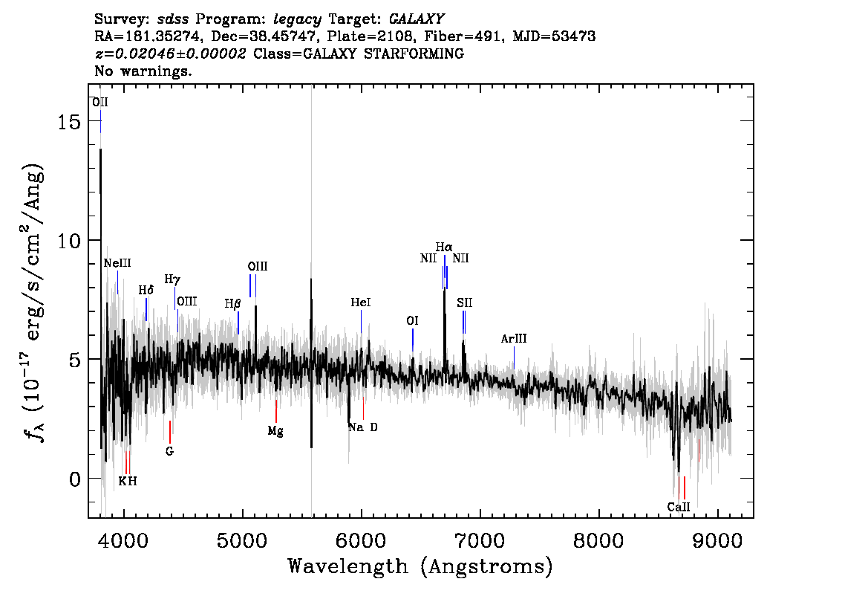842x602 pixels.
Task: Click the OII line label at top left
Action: [x=100, y=102]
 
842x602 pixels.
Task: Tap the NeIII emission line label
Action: [x=117, y=263]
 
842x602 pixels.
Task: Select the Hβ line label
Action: [x=232, y=304]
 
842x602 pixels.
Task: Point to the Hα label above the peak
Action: [x=444, y=247]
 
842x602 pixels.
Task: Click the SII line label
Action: [x=465, y=303]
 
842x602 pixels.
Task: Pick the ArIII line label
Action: [x=514, y=339]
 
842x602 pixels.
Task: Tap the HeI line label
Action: [x=361, y=302]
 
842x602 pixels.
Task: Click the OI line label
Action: [x=412, y=321]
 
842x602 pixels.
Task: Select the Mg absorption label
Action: [x=275, y=431]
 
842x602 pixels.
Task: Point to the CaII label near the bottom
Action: [x=679, y=507]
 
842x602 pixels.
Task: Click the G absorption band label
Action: [x=170, y=452]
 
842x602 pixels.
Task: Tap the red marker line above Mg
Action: [x=276, y=411]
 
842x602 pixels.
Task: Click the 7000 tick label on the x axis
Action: [x=480, y=540]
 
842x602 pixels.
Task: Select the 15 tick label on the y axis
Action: [x=69, y=121]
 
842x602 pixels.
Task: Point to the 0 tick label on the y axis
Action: [x=75, y=479]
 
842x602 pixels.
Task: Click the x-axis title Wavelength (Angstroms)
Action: [x=420, y=566]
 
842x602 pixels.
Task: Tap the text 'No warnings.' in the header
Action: [x=143, y=71]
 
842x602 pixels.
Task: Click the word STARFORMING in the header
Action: [x=414, y=54]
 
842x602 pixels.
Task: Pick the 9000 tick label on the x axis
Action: [x=717, y=540]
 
